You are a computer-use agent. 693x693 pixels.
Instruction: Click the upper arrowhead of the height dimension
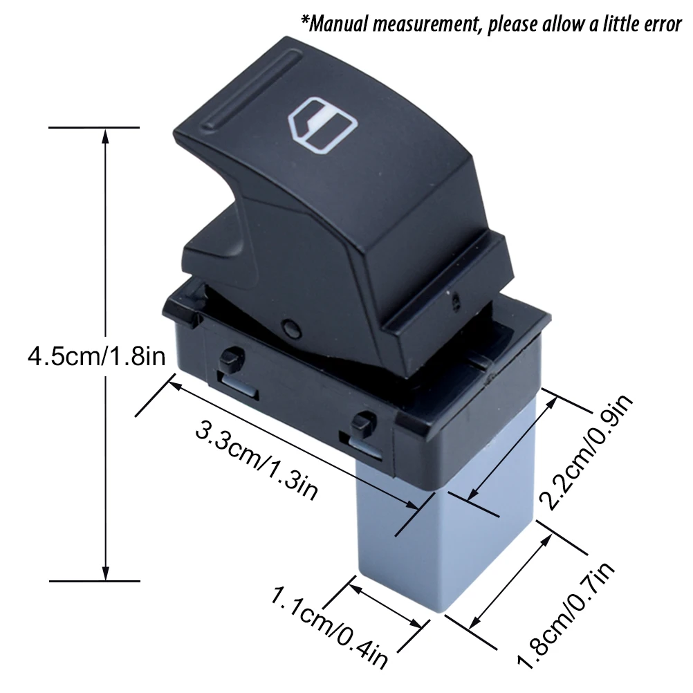click(x=105, y=136)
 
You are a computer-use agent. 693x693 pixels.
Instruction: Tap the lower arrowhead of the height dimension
click(x=105, y=573)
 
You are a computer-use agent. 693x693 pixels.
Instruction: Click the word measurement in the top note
click(x=429, y=25)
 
